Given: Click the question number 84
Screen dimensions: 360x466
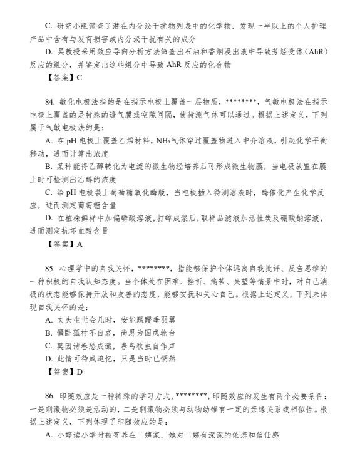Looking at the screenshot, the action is (51, 101).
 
